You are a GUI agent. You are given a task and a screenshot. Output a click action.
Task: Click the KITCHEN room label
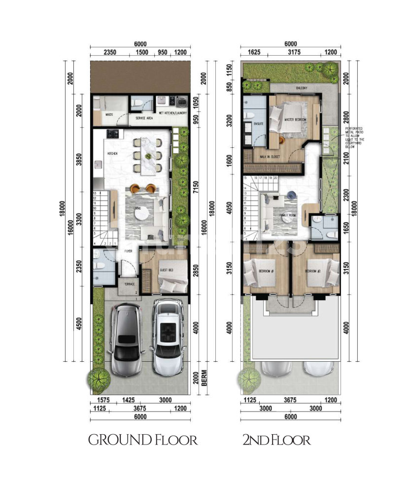[x=112, y=154]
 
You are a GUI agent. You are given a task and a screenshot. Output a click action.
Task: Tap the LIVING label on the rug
[x=131, y=208]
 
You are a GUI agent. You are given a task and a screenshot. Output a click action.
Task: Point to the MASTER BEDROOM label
[x=296, y=120]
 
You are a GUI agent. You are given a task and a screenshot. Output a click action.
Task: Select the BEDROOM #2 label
[x=313, y=272]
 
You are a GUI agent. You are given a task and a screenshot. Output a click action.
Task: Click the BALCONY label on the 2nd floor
[x=302, y=88]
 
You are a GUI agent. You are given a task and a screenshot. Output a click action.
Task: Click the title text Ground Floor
[x=143, y=440]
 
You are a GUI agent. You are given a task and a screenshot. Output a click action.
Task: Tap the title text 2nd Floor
[x=276, y=440]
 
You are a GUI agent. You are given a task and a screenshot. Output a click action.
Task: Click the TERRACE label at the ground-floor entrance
[x=129, y=285]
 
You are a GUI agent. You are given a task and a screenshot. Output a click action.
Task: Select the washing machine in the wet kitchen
[x=181, y=101]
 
